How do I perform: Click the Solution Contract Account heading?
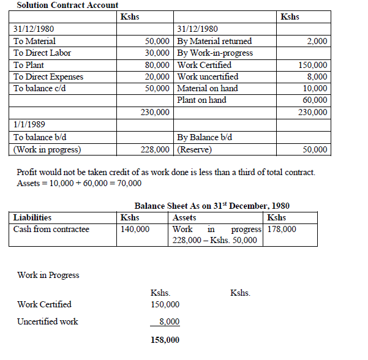point(67,5)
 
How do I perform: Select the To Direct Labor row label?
point(42,53)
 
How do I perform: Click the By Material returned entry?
point(214,41)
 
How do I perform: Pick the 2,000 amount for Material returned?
point(317,41)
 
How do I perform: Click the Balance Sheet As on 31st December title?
point(212,206)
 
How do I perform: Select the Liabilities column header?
point(32,217)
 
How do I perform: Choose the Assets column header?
point(185,217)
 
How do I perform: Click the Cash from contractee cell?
point(51,229)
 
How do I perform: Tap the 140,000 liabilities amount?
point(135,229)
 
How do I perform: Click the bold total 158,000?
point(165,340)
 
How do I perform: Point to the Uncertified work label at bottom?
point(48,321)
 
